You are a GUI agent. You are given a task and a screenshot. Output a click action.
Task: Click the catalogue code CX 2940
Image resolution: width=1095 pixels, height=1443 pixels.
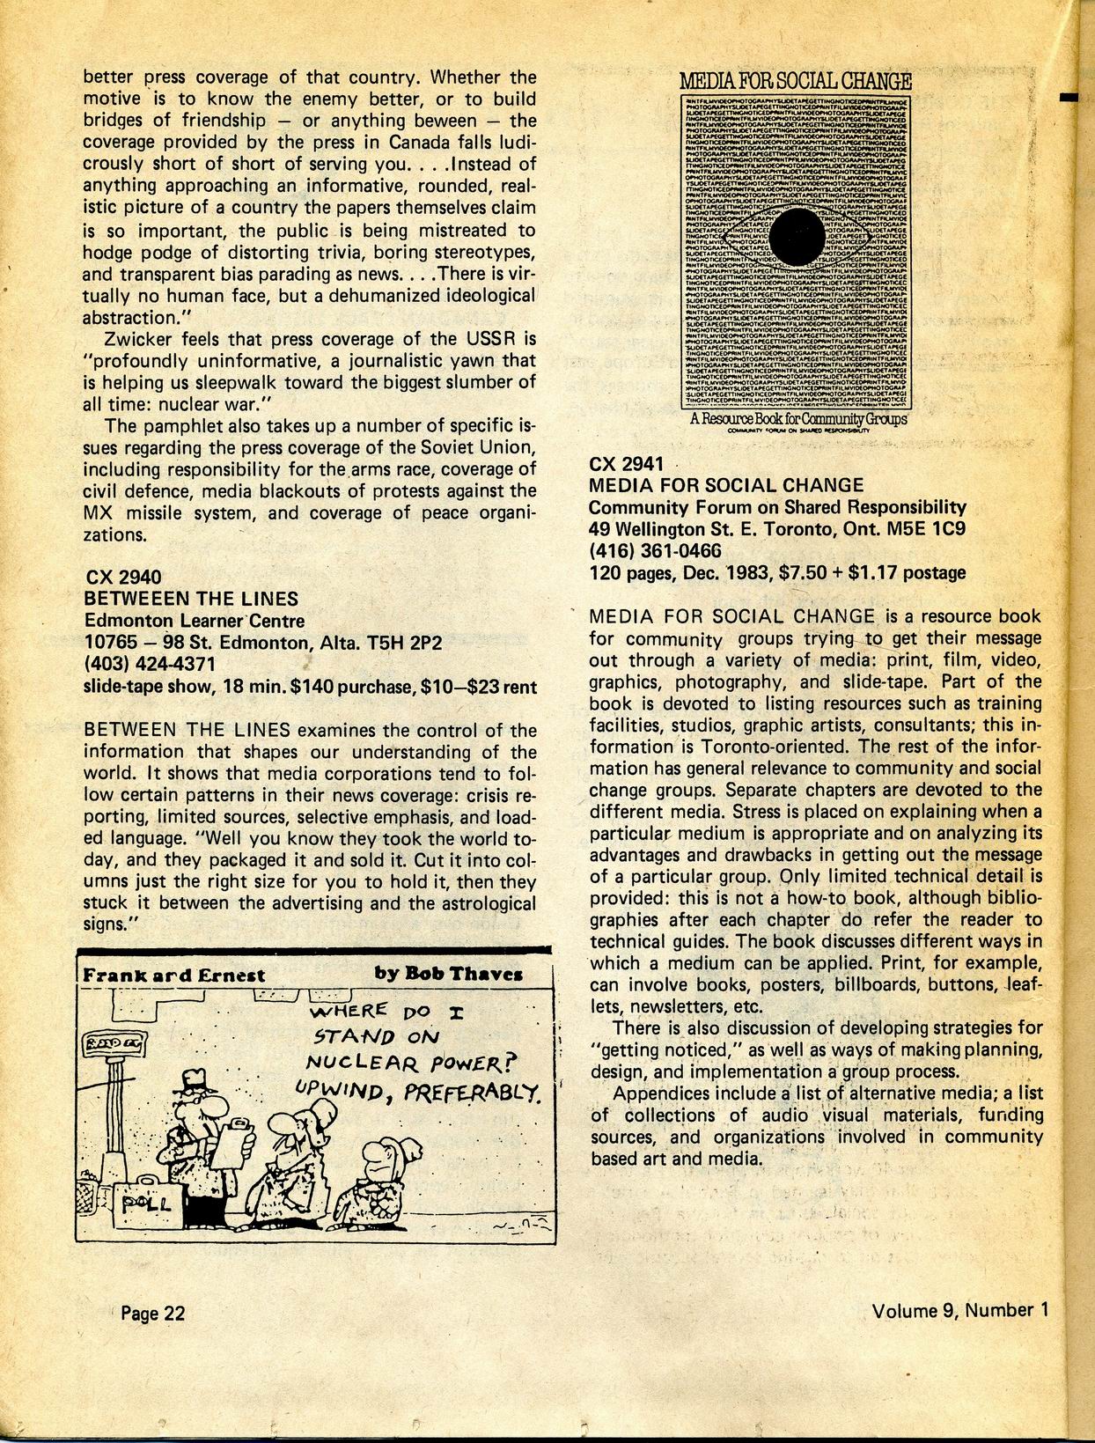pos(123,577)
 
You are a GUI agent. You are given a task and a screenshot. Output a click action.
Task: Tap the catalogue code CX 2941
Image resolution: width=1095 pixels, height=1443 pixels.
pos(627,463)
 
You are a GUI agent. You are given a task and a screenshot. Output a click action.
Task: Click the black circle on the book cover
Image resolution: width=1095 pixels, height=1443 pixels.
pos(798,236)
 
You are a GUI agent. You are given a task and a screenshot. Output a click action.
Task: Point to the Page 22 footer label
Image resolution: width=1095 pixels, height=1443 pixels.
pos(153,1313)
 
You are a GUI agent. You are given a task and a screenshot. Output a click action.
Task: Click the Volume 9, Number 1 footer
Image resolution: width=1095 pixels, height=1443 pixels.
pos(960,1309)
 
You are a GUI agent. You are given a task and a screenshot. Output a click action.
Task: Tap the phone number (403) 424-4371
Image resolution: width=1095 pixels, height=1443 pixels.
pos(150,663)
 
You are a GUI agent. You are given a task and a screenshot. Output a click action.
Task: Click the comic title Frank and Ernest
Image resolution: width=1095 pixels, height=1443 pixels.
pos(173,975)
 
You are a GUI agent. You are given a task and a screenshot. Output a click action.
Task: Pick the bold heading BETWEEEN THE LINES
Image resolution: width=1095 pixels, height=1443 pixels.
pos(191,599)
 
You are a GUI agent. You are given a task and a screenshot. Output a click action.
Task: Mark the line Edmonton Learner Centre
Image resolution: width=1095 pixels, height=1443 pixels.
pos(195,620)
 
